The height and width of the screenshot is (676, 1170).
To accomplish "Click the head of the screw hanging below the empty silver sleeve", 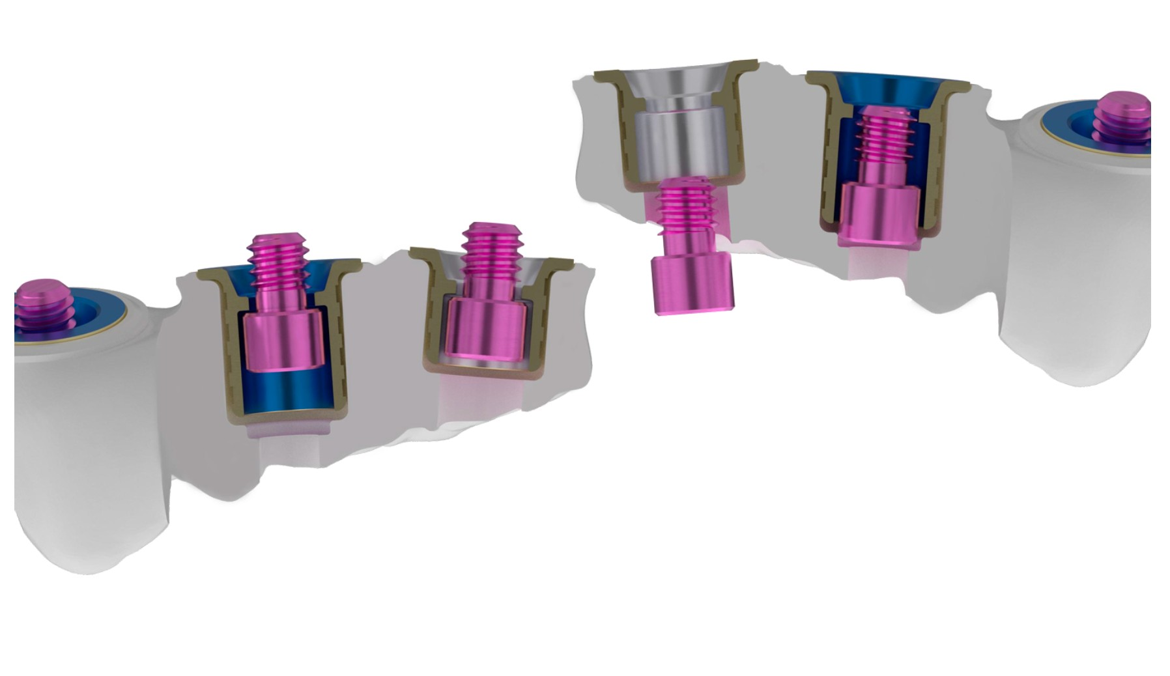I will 692,285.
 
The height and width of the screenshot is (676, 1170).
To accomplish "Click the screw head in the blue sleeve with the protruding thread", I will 283,339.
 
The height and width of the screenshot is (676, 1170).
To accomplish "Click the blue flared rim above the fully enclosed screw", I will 886,88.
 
